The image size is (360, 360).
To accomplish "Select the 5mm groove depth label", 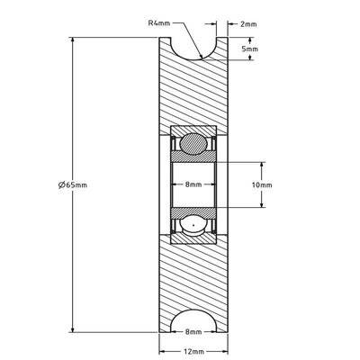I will click(256, 49).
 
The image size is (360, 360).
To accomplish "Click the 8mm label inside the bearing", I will click(192, 184).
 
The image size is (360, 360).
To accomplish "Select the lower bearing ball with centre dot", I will click(192, 225).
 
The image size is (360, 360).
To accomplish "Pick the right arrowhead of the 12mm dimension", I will click(222, 343).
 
